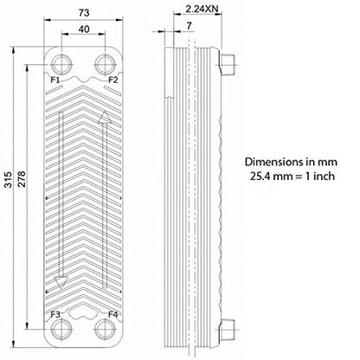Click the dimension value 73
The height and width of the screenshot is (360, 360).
[x=84, y=13]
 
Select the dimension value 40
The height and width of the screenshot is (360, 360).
[x=84, y=29]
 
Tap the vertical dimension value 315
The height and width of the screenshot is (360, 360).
[x=9, y=179]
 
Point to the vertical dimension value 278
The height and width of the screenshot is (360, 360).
[x=22, y=179]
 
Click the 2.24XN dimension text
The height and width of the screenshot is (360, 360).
[x=202, y=9]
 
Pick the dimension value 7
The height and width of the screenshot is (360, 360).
[x=189, y=26]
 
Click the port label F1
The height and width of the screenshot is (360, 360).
[x=55, y=80]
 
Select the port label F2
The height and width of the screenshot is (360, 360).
[x=113, y=80]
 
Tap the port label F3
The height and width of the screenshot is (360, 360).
[x=55, y=314]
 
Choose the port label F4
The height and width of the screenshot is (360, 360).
[x=113, y=314]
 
